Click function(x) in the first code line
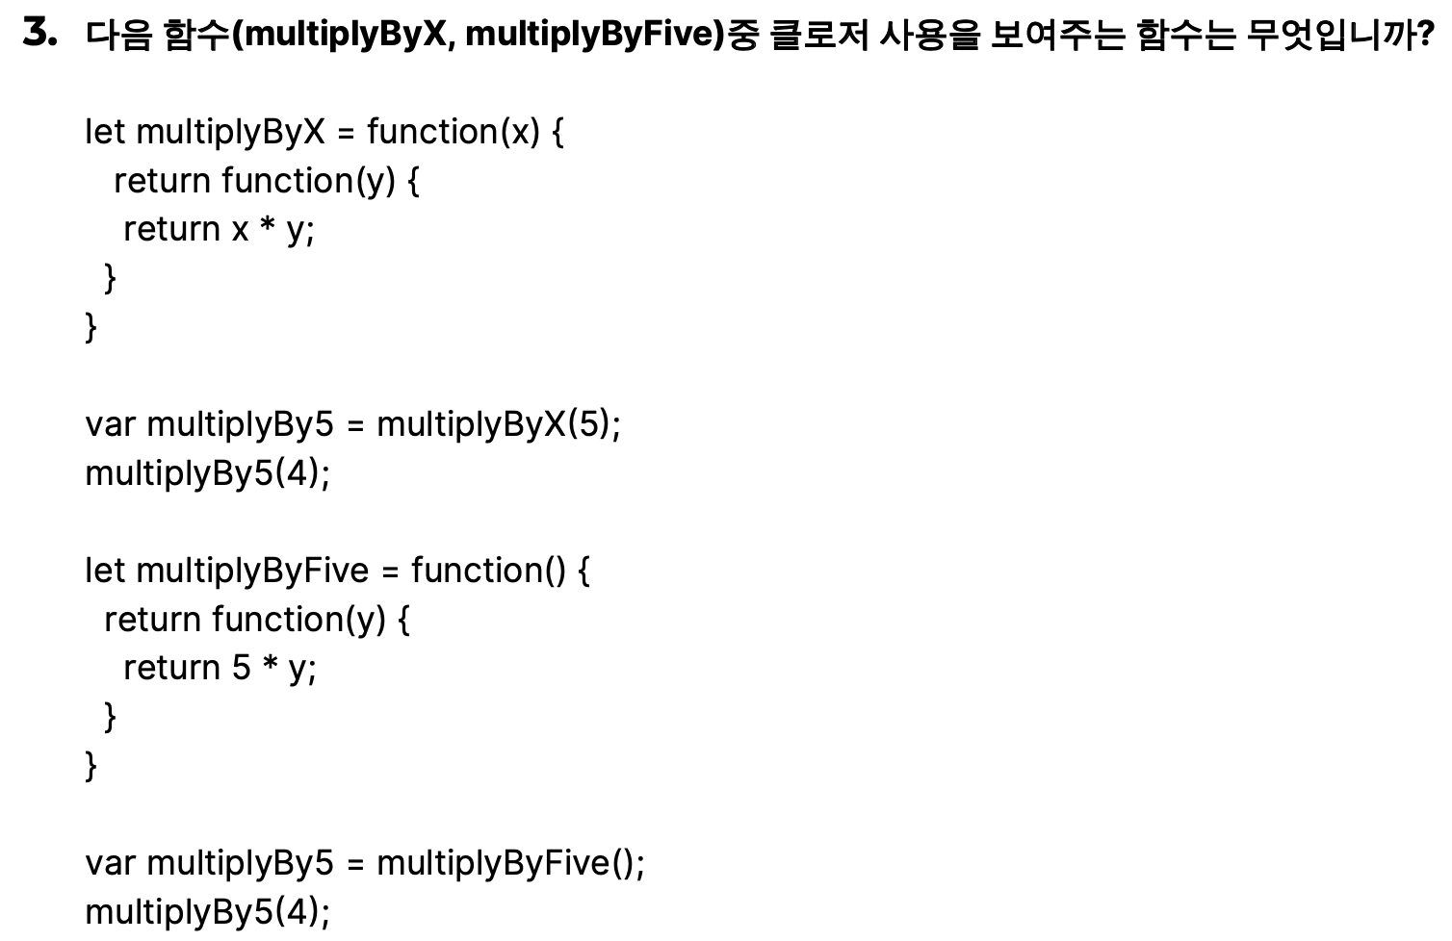coord(454,132)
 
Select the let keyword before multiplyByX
coord(105,132)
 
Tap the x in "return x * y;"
coord(241,230)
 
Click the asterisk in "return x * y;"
coord(269,227)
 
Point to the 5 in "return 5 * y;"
coord(242,668)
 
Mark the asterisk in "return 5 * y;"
coord(271,666)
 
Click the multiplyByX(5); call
coord(499,424)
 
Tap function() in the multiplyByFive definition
coord(489,571)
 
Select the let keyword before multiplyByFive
coord(105,571)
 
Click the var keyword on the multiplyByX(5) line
coord(111,424)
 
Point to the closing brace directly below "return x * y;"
coord(110,278)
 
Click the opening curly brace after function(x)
coord(557,132)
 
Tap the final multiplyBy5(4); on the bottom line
coord(207,911)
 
